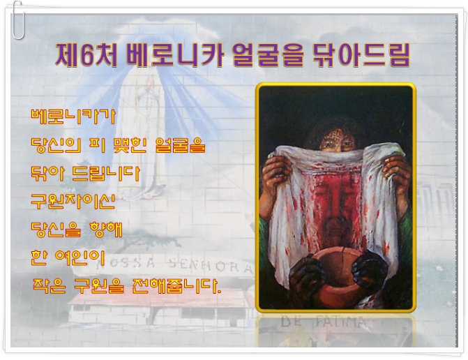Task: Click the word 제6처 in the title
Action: click(86, 55)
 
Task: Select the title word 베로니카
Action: click(175, 55)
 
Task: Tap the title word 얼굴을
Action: click(268, 55)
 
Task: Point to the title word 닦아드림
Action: click(361, 55)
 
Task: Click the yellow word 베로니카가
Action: click(73, 117)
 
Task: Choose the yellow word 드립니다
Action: click(106, 174)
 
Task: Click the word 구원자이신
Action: click(73, 201)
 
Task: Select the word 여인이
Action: click(80, 257)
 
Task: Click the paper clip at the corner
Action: click(17, 20)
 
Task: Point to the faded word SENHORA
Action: click(211, 265)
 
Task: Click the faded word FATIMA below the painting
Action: click(340, 322)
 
